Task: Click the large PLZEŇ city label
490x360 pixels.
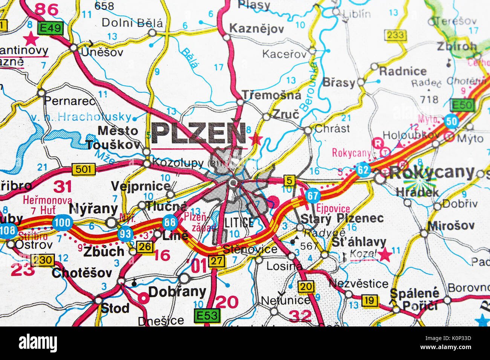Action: click(199, 134)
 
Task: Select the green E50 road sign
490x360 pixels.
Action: click(463, 105)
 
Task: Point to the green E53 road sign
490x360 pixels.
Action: click(207, 316)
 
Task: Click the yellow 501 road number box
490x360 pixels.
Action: click(83, 169)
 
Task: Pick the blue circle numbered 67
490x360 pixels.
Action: click(312, 195)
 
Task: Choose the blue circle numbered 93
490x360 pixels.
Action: click(125, 234)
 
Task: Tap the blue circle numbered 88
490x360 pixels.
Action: click(170, 223)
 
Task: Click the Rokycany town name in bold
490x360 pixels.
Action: click(432, 172)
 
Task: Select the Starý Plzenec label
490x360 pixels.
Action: click(342, 218)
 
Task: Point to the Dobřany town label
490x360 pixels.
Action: click(177, 291)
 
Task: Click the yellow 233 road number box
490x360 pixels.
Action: click(395, 35)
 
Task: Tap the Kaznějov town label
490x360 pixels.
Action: click(257, 29)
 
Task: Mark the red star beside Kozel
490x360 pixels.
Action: click(384, 255)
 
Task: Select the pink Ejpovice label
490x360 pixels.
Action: click(333, 208)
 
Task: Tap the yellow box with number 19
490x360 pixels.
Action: click(370, 300)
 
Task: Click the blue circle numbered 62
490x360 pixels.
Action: click(363, 170)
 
